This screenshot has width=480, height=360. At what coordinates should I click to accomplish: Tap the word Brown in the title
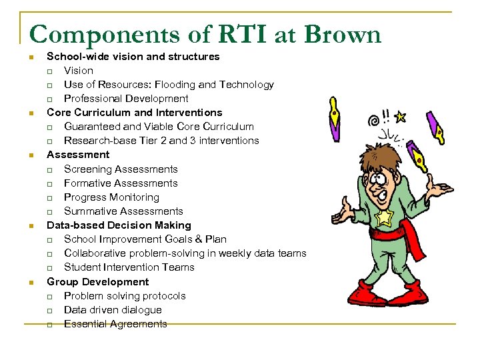click(x=342, y=35)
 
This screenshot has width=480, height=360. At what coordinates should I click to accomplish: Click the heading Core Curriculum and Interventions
click(x=134, y=113)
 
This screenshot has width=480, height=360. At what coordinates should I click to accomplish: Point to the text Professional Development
click(x=126, y=99)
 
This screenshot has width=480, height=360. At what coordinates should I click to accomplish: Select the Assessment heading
click(x=78, y=155)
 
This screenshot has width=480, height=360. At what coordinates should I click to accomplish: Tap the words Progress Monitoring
click(x=111, y=197)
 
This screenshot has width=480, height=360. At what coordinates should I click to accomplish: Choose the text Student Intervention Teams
click(x=129, y=267)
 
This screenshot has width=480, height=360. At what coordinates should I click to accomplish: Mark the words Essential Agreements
click(x=115, y=324)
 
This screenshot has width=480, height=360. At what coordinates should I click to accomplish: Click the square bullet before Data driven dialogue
click(x=50, y=311)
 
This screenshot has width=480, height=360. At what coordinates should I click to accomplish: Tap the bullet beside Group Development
click(x=31, y=282)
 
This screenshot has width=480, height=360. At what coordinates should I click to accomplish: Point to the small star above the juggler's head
click(x=400, y=118)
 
